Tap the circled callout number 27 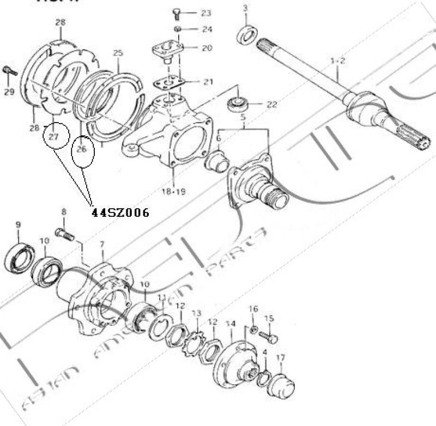click(x=53, y=137)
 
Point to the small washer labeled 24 click(x=177, y=28)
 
